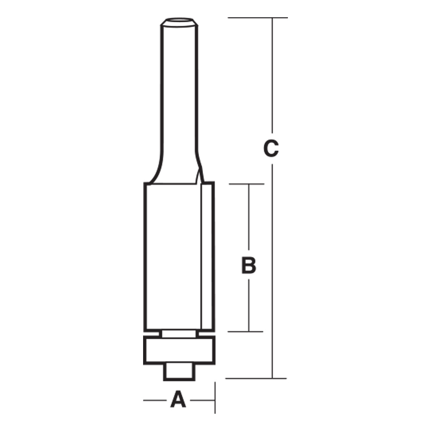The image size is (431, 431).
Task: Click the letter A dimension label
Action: pos(178,400)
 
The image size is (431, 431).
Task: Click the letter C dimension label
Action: pos(271,149)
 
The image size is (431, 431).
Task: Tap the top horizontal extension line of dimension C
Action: pos(257,18)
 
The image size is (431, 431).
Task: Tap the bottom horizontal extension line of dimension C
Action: pos(256,378)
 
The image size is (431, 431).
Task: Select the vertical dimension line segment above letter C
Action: pos(272,78)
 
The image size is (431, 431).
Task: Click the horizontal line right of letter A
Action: pos(202,400)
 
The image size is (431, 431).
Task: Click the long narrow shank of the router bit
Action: pos(179,95)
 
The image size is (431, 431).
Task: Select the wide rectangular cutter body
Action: pos(172,256)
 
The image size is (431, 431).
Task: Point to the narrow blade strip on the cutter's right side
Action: pos(207,256)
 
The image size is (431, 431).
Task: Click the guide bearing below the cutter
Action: pos(179,350)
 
